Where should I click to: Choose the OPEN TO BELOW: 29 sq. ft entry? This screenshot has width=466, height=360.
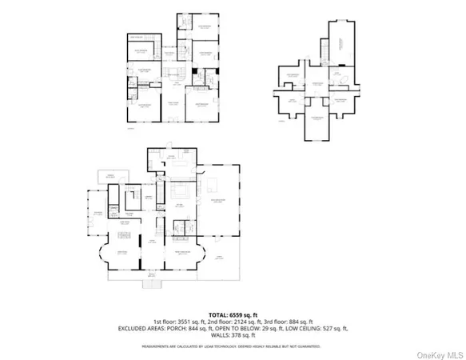253,328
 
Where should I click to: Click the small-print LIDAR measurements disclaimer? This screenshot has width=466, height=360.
233,346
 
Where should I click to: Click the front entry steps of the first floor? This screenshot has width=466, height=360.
153,282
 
